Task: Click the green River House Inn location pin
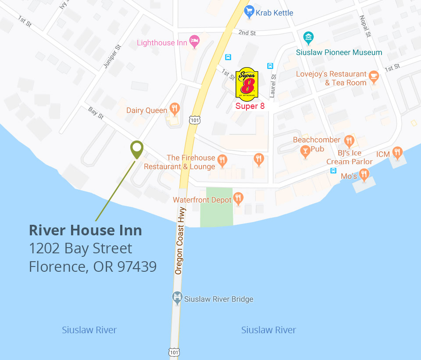[x=137, y=149]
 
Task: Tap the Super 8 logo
[x=247, y=83]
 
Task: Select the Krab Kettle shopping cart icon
[x=250, y=12]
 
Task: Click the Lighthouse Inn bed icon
[x=194, y=41]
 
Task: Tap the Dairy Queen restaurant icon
[x=175, y=108]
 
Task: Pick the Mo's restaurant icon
[x=364, y=175]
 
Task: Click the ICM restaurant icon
[x=397, y=152]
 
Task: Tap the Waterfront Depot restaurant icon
[x=238, y=198]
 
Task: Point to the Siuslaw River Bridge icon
[x=177, y=298]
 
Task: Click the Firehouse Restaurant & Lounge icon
[x=222, y=161]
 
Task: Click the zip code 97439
[x=137, y=266]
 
